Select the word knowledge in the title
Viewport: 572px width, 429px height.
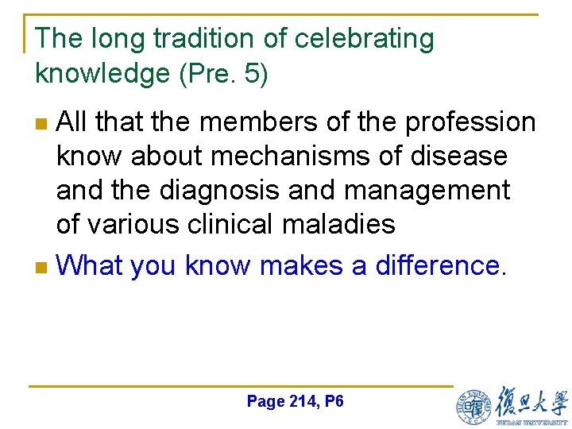coord(103,73)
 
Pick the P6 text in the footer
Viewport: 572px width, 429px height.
coord(334,401)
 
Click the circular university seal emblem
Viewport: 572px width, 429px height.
coord(473,406)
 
